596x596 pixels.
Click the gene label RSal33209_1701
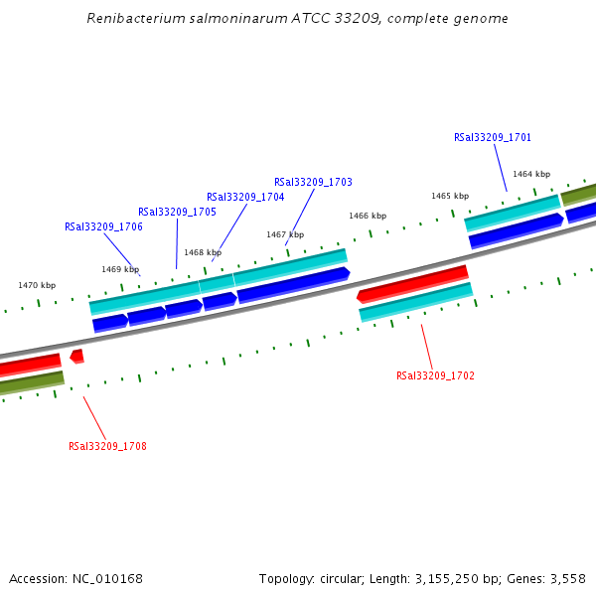[x=493, y=138]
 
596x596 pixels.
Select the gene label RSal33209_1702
[x=435, y=376]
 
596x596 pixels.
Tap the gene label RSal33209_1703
[x=313, y=183]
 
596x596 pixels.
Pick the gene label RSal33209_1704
[x=245, y=197]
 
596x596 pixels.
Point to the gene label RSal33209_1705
[x=177, y=212]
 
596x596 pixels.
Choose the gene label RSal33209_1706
[x=103, y=226]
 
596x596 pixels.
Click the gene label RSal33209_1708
[x=107, y=446]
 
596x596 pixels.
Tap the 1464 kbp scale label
[x=531, y=174]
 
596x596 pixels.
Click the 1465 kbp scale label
[x=450, y=196]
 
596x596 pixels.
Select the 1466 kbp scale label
[x=367, y=216]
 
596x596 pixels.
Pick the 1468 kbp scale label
[x=203, y=252]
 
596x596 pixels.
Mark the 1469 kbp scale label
[x=120, y=269]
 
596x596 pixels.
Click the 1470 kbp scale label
[x=37, y=285]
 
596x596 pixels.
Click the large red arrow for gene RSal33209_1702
[x=412, y=283]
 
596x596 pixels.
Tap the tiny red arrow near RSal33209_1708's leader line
[x=76, y=356]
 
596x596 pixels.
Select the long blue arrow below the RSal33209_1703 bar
[x=293, y=285]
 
